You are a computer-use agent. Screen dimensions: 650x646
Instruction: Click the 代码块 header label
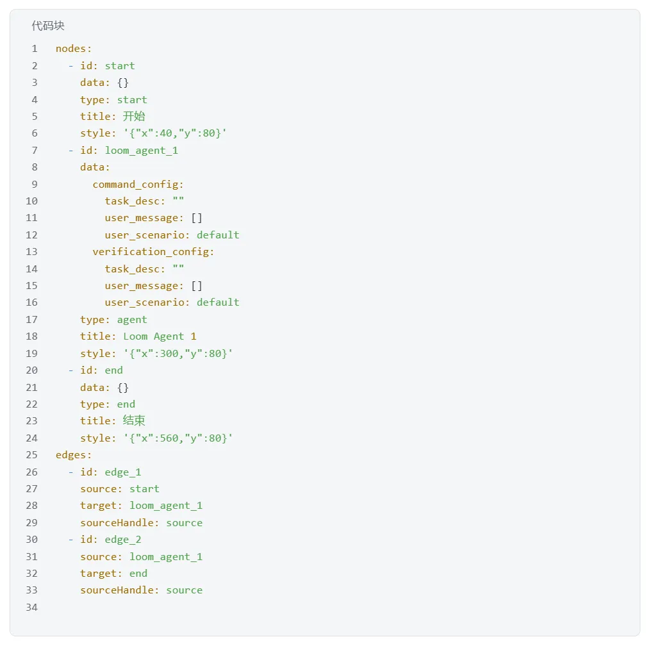pos(48,26)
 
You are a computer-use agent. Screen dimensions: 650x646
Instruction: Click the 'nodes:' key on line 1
pos(73,49)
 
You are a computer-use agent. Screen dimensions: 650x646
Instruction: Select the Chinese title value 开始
pos(134,117)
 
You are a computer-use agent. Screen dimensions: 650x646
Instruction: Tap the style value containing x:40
pos(175,133)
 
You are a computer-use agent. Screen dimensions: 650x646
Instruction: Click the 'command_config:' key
pos(138,185)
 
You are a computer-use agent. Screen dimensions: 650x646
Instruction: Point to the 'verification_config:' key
pos(153,252)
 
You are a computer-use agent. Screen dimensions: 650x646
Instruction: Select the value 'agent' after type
pos(132,320)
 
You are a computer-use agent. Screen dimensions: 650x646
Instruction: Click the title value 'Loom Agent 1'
pos(160,336)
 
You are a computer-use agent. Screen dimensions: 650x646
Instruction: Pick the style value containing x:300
pos(178,354)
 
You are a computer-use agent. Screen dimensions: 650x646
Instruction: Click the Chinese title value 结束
pos(134,420)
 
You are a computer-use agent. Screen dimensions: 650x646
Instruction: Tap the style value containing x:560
pos(178,438)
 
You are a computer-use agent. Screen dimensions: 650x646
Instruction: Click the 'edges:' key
pos(73,455)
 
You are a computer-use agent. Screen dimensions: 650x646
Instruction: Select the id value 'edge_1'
pos(122,472)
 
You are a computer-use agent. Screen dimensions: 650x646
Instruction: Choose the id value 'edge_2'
pos(122,540)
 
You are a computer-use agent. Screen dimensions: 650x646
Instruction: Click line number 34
pos(31,608)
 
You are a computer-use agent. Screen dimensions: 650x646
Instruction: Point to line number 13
pos(31,252)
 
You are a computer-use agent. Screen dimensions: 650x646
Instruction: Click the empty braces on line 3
pos(123,83)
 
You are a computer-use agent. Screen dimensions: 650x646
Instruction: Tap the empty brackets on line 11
pos(197,218)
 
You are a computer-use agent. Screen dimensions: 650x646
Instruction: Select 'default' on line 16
pos(218,302)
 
